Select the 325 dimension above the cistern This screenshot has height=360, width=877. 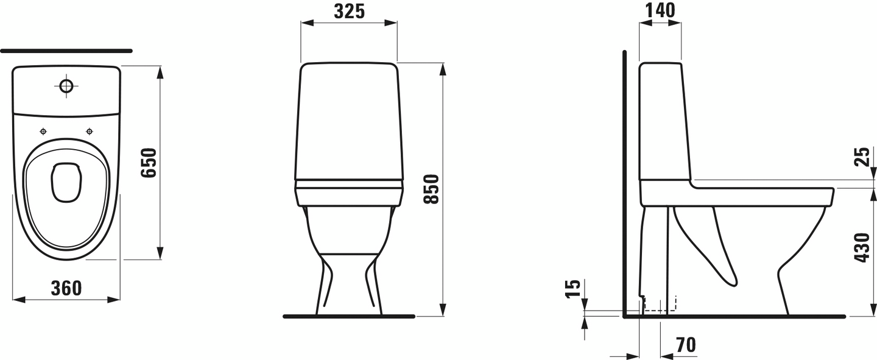[x=349, y=11]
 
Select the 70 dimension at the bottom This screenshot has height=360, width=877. [x=685, y=345]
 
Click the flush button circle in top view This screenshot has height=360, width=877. [x=66, y=86]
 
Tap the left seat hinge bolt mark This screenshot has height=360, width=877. [x=43, y=131]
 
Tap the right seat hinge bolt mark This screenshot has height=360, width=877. [x=90, y=131]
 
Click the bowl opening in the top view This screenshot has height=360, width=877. [x=66, y=182]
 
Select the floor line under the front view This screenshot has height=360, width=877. [x=348, y=317]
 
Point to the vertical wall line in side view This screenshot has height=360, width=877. [x=624, y=183]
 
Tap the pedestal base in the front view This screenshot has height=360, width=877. [x=349, y=286]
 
